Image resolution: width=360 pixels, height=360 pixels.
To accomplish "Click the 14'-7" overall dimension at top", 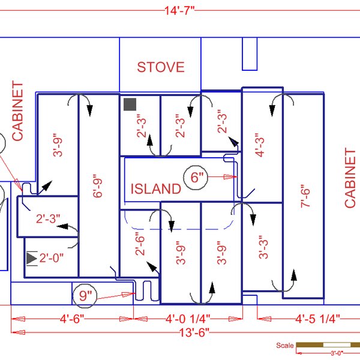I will click(179, 11).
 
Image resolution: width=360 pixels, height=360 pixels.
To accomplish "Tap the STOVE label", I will click(160, 67).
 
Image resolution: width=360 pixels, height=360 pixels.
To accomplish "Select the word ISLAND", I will click(155, 189).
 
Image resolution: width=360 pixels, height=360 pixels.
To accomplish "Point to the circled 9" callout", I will click(86, 295).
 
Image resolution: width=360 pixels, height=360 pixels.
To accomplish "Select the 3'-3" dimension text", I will click(262, 246).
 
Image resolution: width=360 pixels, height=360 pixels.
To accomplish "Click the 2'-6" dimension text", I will click(139, 244).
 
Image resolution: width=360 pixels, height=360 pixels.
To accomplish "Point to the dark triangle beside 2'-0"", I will click(31, 258).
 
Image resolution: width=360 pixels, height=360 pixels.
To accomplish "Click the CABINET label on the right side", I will click(350, 178).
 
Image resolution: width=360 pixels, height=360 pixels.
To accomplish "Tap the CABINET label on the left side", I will click(17, 112).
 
